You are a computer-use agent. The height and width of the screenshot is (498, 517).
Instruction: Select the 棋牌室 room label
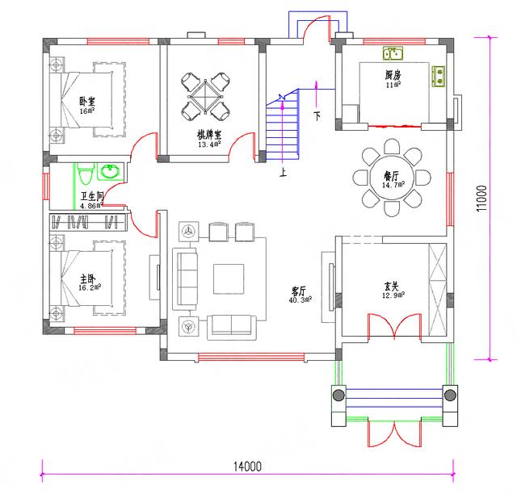[x=209, y=135]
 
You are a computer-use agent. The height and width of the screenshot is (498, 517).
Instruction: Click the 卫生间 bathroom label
[x=90, y=196]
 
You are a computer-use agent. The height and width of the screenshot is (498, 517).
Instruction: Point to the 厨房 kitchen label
[x=393, y=74]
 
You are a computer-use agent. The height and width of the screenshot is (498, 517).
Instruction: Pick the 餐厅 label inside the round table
[x=393, y=175]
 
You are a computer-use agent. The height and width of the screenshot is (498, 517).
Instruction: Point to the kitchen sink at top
[x=393, y=54]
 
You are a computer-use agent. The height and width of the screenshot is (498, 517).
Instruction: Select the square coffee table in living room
[x=228, y=278]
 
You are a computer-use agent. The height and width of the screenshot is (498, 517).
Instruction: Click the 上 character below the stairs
[x=283, y=171]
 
